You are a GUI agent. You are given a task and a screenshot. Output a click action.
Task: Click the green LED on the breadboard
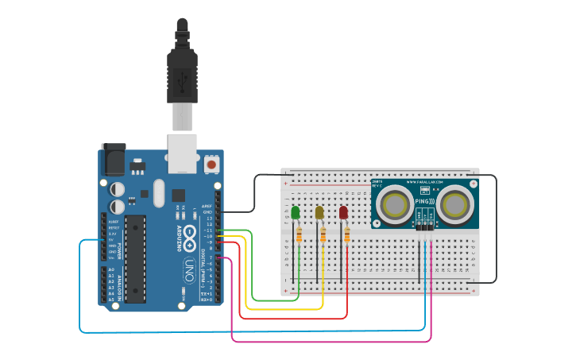pos(296,213)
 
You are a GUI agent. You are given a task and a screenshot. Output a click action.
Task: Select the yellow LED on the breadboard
pos(319,213)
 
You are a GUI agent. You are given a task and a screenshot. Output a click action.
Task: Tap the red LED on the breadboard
pos(343,213)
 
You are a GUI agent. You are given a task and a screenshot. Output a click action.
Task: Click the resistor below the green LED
pos(299,235)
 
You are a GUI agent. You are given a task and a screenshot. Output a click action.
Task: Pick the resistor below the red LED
pos(346,235)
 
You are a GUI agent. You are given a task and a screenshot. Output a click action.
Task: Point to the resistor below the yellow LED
pos(323,235)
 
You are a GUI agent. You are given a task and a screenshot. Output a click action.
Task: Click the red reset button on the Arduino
pos(212,164)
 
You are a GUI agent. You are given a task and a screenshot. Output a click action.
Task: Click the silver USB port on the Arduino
pos(183,153)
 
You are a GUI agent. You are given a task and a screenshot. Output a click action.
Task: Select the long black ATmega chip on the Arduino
pos(135,258)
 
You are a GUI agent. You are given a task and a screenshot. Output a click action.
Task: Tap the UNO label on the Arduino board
pos(189,266)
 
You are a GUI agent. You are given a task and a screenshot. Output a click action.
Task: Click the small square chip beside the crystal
pos(178,194)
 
